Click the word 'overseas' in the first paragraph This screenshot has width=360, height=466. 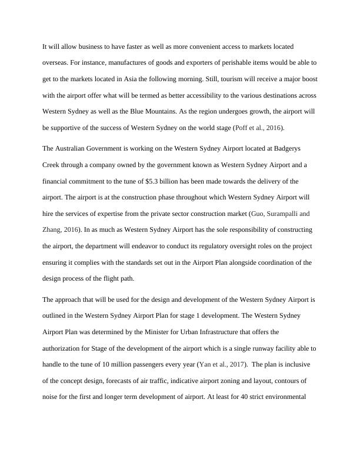point(56,62)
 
